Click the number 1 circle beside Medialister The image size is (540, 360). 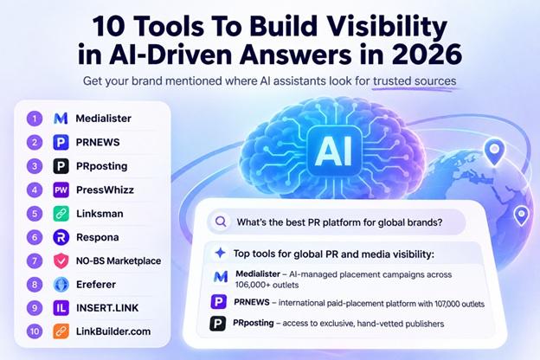[x=35, y=119]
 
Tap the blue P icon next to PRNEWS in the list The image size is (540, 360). [x=61, y=142]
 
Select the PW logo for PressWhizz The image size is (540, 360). [x=61, y=190]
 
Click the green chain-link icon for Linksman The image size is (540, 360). [x=61, y=214]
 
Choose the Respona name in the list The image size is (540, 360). [x=98, y=237]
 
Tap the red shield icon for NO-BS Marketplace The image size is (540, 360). [x=61, y=260]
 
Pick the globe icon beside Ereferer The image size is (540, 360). [x=61, y=285]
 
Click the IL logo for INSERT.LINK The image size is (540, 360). [x=61, y=308]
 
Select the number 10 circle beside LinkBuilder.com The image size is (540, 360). [x=35, y=331]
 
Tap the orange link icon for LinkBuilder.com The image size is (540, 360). [x=61, y=331]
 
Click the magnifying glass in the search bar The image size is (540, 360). [x=221, y=222]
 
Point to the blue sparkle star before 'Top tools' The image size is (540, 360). [x=221, y=253]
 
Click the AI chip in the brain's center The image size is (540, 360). [x=334, y=151]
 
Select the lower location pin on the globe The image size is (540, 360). [x=522, y=215]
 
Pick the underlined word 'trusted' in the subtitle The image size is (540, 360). [x=392, y=81]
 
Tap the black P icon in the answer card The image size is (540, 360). [x=218, y=324]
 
